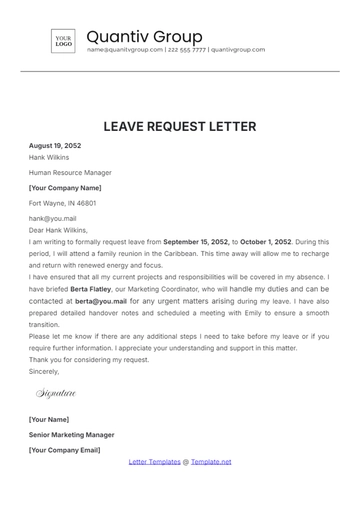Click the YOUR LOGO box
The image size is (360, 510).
coord(64,41)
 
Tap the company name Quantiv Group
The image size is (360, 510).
coord(144,36)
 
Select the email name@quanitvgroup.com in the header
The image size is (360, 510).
coord(123,49)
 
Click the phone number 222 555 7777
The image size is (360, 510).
coord(187,49)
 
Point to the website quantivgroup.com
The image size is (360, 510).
coord(238,49)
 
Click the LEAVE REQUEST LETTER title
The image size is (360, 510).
coord(180,127)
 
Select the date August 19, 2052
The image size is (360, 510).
coord(56,146)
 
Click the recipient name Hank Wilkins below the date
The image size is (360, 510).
coord(49,157)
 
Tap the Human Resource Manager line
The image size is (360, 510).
coord(68,172)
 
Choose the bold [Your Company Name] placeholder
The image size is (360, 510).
coord(65,187)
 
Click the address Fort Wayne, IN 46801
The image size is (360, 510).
coord(62,203)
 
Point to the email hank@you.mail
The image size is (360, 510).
coord(52,218)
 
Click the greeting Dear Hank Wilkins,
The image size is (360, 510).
coord(60,229)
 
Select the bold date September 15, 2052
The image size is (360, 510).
coord(196,241)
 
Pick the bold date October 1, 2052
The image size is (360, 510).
coord(266,241)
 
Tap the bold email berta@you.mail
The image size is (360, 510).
coord(101,300)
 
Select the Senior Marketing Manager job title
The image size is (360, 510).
coord(71,435)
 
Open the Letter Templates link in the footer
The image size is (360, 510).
coord(153,462)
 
